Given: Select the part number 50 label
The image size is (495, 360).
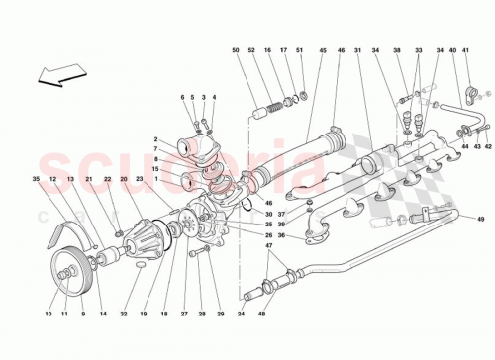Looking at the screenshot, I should [237, 51].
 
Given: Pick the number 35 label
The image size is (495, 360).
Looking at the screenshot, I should [36, 179].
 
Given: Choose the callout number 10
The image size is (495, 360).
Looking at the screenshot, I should [48, 314].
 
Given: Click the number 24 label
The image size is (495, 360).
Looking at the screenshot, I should [241, 314].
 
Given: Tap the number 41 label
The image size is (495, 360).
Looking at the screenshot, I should [466, 51].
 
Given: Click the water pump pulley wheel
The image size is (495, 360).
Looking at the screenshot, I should [68, 268].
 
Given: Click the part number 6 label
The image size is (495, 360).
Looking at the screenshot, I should [183, 97].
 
